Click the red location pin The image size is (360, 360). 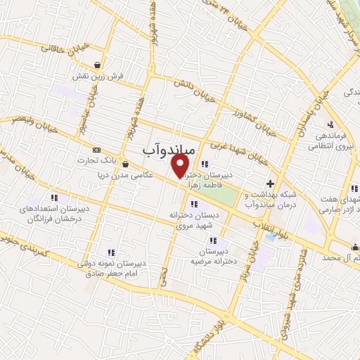tap(181, 165)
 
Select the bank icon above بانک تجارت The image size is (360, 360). tap(96, 149)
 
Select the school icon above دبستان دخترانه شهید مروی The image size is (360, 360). tap(193, 204)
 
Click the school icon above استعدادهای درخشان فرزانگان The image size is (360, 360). tap(55, 198)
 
